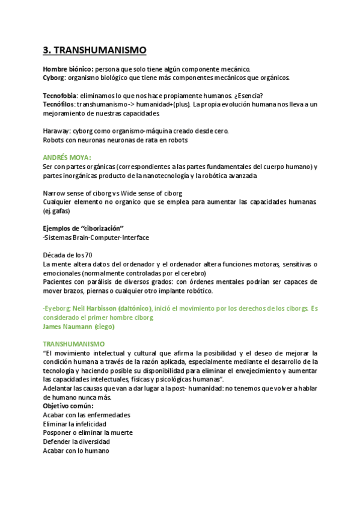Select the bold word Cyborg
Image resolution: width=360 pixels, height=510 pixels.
point(54,78)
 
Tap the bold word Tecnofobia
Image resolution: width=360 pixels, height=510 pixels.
point(61,96)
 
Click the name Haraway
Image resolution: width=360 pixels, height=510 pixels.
point(57,131)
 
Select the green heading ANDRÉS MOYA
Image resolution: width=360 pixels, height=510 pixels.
point(67,158)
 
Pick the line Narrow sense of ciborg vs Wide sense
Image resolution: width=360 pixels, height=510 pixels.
point(112,193)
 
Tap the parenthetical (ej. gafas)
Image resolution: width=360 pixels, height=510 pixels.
point(57,211)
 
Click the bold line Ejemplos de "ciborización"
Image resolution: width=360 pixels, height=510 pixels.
point(83,229)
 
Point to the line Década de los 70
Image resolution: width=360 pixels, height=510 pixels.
point(67,256)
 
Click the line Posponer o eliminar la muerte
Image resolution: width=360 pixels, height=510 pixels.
point(87,433)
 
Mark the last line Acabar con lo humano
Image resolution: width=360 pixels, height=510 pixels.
point(76,451)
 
